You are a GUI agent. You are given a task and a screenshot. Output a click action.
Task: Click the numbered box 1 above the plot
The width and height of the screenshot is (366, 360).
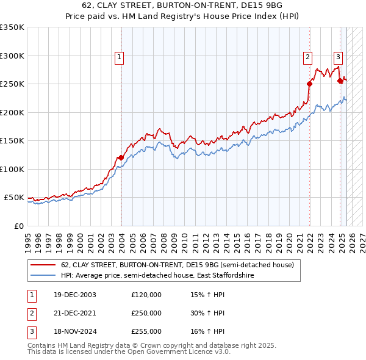tap(119, 58)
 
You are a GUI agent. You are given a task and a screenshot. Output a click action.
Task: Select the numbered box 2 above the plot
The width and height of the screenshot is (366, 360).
tap(308, 58)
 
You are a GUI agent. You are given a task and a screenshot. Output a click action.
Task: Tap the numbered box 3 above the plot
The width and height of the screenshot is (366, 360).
tap(338, 58)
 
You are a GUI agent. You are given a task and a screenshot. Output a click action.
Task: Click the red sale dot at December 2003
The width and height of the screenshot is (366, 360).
tap(121, 157)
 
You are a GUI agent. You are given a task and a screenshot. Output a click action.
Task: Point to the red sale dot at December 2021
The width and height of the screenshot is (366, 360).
tap(309, 84)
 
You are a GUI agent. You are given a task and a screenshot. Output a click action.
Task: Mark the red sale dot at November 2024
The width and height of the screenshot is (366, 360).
tap(339, 81)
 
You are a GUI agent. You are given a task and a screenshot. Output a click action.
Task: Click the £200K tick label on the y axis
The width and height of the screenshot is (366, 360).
tap(12, 112)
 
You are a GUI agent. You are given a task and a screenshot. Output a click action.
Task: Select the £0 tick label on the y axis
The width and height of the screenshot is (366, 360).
tap(19, 226)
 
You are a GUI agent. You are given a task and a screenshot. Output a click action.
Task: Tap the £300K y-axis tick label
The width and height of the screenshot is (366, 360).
tap(12, 56)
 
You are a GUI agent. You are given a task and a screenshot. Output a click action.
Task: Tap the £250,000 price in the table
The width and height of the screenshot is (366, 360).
tap(146, 313)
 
